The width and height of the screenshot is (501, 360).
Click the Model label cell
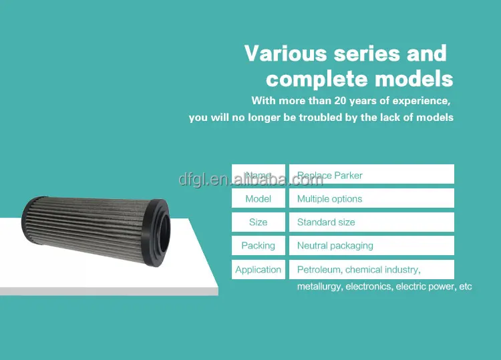258,198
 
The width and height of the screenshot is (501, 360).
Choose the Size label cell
258,222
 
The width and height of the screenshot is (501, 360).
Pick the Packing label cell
258,245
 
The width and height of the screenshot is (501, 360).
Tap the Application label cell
258,269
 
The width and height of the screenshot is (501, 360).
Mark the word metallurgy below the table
319,287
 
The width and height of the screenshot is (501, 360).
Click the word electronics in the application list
368,287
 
